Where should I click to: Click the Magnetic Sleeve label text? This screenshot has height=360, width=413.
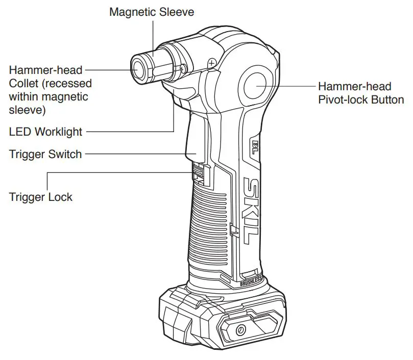pos(152,11)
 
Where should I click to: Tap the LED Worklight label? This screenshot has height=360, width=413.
pos(45,132)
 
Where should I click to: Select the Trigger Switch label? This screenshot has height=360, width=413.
pos(45,153)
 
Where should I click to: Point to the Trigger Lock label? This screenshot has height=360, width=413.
pos(41,196)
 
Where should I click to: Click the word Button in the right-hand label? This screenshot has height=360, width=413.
pos(387,99)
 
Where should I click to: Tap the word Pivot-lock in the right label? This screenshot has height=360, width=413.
pos(342,99)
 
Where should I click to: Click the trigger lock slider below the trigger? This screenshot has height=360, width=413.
pos(199,173)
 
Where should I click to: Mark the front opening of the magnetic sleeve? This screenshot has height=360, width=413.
pos(138,67)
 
